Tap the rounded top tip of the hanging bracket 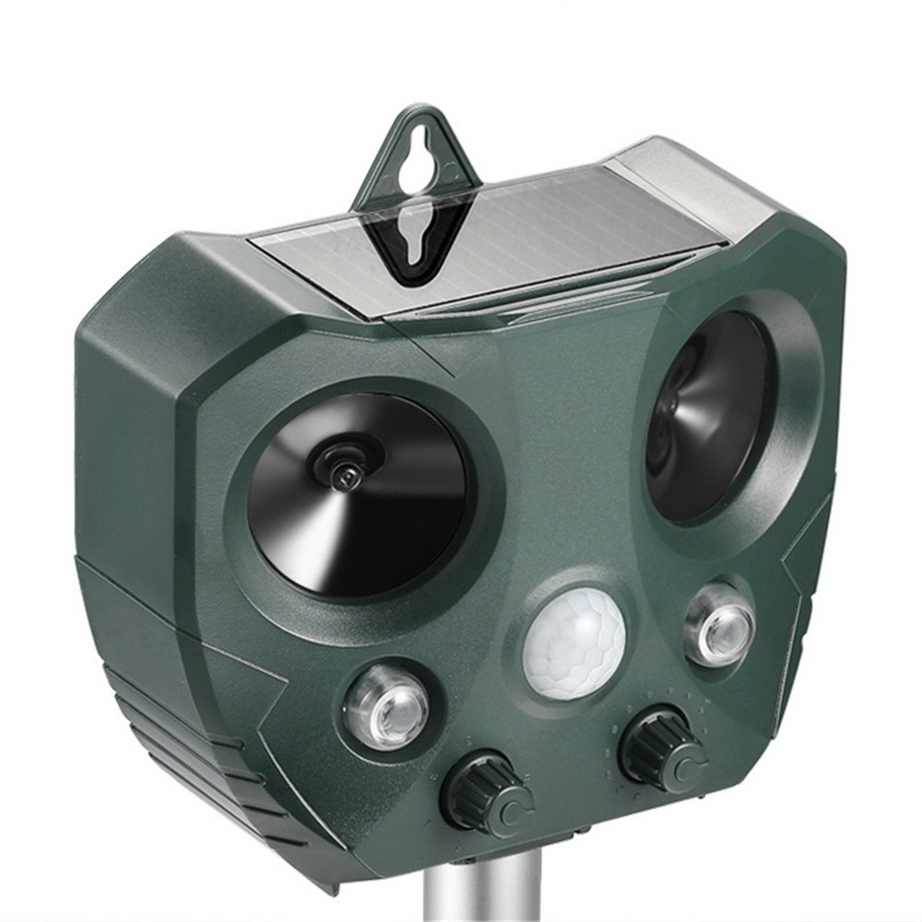click(x=420, y=112)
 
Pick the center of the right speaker click(x=705, y=415)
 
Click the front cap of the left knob click(x=508, y=807)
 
